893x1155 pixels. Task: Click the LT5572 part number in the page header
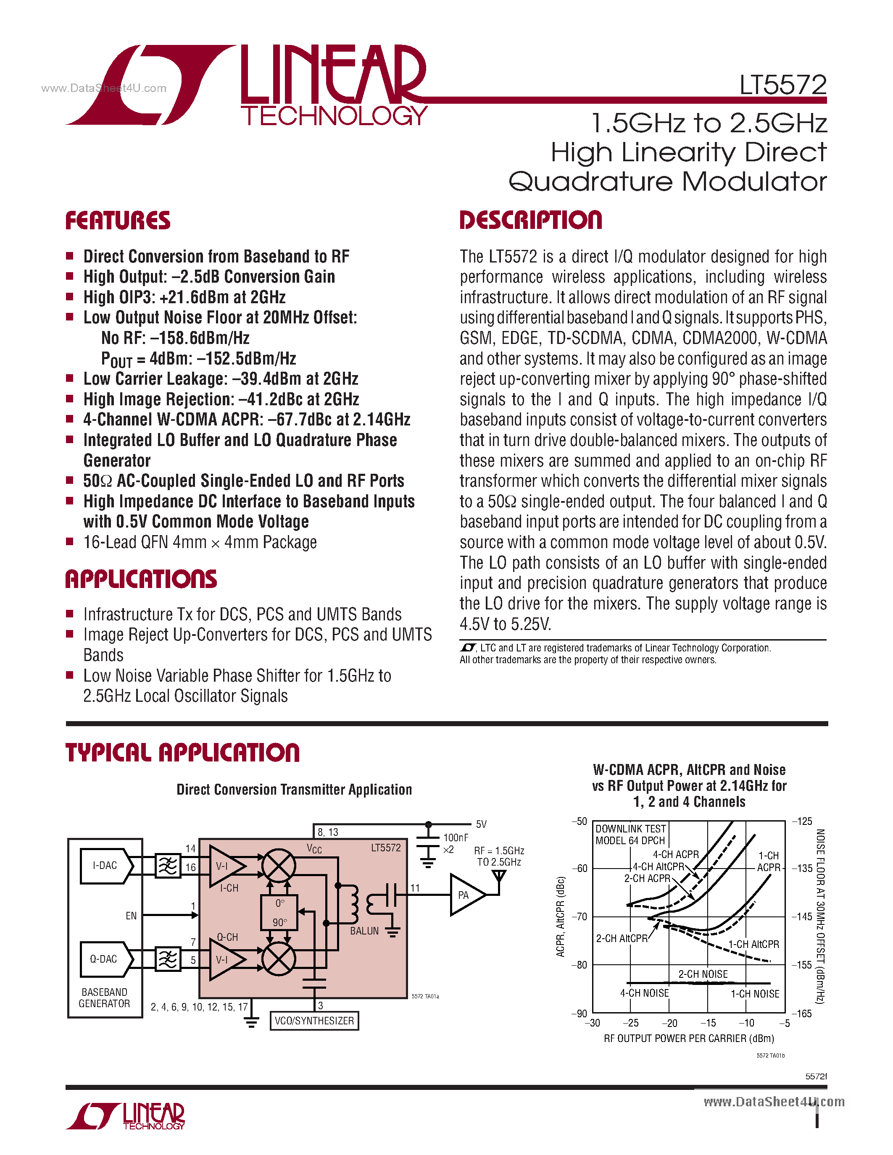pyautogui.click(x=782, y=84)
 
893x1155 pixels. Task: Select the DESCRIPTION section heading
pyautogui.click(x=531, y=220)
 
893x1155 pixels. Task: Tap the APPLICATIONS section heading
pyautogui.click(x=141, y=579)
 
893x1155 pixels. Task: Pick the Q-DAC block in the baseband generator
pyautogui.click(x=104, y=959)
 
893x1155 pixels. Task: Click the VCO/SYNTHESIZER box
pyautogui.click(x=314, y=1021)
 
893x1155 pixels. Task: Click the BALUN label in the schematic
pyautogui.click(x=364, y=931)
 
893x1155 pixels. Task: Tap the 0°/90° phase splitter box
pyautogui.click(x=279, y=912)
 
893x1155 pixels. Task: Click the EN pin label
pyautogui.click(x=131, y=916)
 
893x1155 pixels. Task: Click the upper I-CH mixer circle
pyautogui.click(x=279, y=866)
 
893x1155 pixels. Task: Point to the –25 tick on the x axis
pyautogui.click(x=631, y=1023)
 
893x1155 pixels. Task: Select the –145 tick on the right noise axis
pyautogui.click(x=801, y=916)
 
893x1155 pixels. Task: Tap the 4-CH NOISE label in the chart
pyautogui.click(x=644, y=993)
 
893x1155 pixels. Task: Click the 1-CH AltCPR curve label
pyautogui.click(x=753, y=945)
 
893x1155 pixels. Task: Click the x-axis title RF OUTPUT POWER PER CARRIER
pyautogui.click(x=689, y=1038)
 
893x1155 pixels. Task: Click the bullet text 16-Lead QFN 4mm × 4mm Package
pyautogui.click(x=200, y=542)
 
